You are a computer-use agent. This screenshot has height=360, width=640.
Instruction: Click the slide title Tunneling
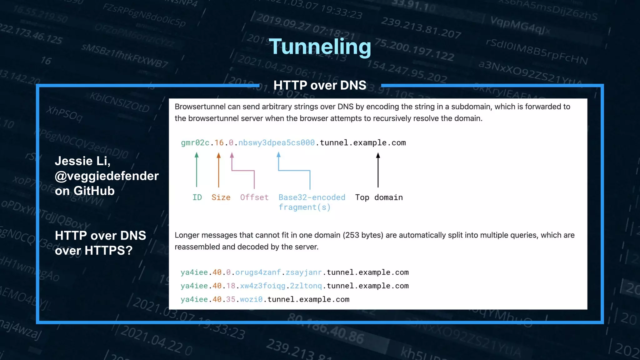[320, 47]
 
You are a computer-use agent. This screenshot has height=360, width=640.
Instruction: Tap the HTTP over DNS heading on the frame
[320, 85]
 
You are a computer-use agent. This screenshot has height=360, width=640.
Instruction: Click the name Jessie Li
[82, 161]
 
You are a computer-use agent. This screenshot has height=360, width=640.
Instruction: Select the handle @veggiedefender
[107, 176]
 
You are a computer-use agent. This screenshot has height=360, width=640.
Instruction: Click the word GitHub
[94, 191]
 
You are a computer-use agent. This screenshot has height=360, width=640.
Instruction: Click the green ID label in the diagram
[197, 197]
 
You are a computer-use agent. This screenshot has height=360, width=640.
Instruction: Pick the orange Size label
[221, 197]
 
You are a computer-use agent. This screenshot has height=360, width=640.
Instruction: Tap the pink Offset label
[254, 197]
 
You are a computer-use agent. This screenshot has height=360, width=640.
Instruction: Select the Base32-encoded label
[312, 197]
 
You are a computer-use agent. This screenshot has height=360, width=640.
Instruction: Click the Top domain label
[379, 197]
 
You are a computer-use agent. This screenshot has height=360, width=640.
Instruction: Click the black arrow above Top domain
[378, 170]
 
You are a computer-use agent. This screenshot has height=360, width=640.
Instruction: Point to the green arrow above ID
[197, 170]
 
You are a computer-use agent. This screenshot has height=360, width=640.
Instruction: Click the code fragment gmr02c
[195, 143]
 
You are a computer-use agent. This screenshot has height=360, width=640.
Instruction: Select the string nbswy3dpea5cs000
[276, 143]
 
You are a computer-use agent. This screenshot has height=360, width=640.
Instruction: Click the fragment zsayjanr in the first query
[303, 272]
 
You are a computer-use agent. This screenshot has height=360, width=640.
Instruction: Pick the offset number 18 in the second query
[231, 286]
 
